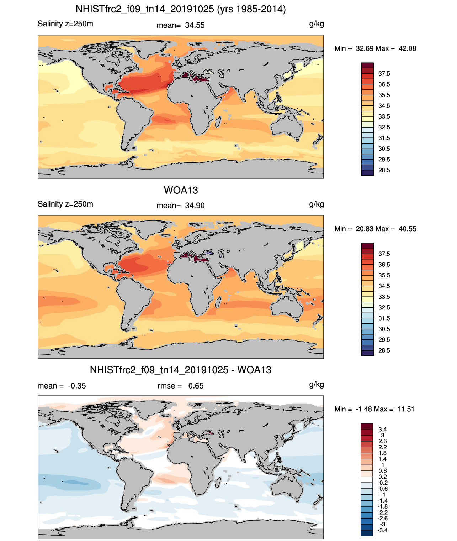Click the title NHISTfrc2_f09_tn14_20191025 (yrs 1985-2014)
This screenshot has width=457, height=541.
pos(181,9)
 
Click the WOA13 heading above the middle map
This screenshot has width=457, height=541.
pos(181,190)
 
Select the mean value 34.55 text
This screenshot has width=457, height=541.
pos(195,25)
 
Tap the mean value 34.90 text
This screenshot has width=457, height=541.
pos(195,206)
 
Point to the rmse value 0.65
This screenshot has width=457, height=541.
pos(196,386)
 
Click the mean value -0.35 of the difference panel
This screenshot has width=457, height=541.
pos(77,386)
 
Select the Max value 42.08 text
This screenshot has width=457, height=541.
pos(407,49)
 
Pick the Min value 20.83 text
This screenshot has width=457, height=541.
pos(364,229)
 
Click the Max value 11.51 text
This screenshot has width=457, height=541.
pos(406,409)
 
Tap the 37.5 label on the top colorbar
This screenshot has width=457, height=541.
pos(384,74)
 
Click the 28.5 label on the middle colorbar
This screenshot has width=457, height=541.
pos(384,351)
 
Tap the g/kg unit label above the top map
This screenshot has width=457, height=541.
pos(317,24)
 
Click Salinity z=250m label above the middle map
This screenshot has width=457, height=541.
pos(65,204)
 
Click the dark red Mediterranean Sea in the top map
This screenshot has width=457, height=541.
pos(196,77)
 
